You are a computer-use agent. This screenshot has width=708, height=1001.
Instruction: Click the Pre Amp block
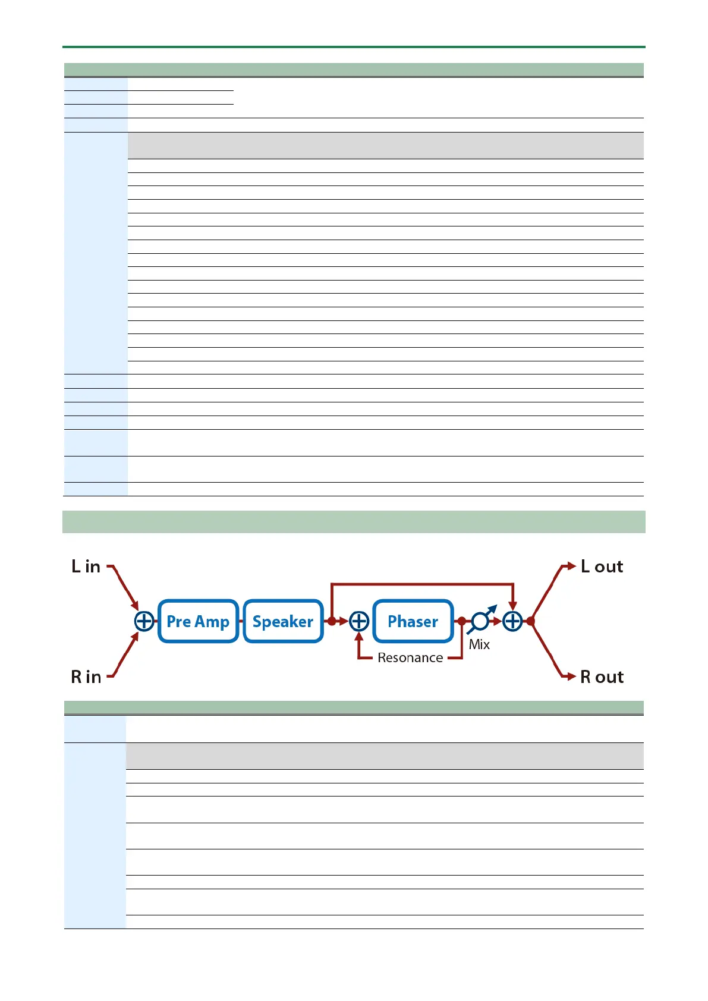198,621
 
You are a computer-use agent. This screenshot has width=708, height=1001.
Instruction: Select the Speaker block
283,621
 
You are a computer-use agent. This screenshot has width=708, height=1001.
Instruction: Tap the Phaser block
413,621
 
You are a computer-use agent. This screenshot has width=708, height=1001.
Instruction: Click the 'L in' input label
86,566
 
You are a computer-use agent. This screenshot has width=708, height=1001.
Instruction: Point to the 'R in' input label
86,676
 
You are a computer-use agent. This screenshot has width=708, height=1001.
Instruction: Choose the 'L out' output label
602,566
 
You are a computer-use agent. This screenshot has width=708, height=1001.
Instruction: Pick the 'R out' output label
602,676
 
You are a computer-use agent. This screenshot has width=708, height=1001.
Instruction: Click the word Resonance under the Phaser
410,658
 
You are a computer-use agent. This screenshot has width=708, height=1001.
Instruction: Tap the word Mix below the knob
479,644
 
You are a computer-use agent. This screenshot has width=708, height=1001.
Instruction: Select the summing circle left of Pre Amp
144,621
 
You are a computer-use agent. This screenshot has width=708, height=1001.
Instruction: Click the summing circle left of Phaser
359,621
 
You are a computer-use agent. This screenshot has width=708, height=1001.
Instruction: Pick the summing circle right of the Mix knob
512,621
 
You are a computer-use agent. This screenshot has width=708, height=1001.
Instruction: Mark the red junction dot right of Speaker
331,621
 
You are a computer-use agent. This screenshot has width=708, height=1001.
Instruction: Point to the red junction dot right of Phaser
462,621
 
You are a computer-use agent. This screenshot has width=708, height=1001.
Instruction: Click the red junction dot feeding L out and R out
531,621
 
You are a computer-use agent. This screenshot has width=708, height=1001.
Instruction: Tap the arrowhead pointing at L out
571,566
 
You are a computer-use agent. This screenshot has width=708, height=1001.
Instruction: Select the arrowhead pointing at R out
571,676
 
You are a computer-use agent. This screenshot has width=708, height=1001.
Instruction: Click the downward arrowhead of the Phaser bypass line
512,606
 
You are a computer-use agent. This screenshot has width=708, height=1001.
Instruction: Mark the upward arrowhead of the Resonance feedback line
359,637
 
